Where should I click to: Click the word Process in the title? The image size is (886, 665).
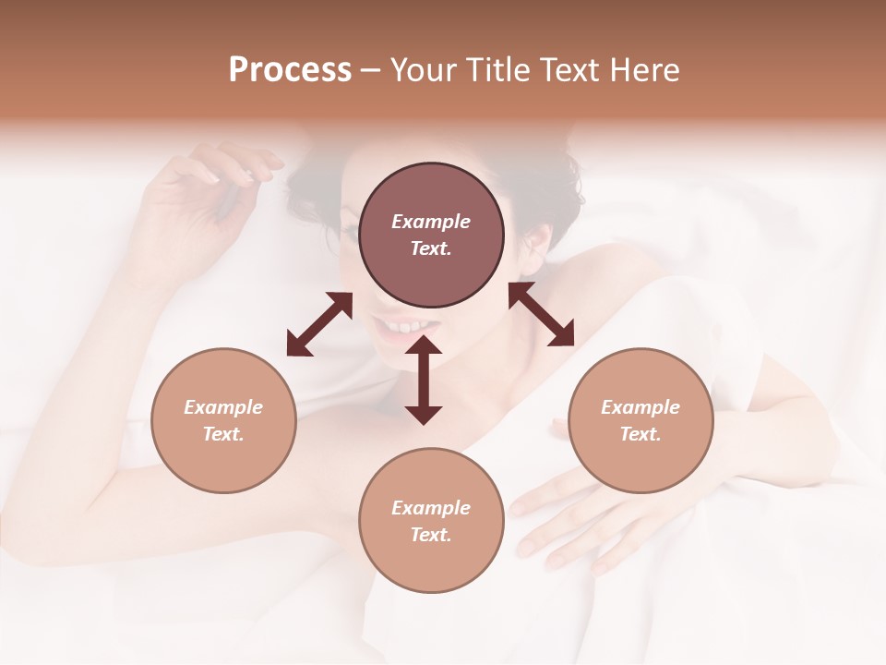(x=290, y=70)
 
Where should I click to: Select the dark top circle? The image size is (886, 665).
(x=431, y=236)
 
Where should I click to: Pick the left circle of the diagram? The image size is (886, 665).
(x=223, y=420)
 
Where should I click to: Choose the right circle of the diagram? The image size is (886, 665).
(x=641, y=420)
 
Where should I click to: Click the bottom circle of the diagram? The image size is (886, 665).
(x=431, y=520)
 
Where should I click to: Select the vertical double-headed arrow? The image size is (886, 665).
(x=424, y=380)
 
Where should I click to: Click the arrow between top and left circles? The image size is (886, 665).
(x=319, y=324)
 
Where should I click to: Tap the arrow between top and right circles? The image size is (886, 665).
(x=541, y=315)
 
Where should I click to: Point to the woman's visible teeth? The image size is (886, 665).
(x=403, y=327)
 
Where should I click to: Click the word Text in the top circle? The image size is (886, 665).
(x=431, y=248)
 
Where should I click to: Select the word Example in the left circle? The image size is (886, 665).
(x=223, y=407)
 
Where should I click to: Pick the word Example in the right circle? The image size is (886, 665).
(x=641, y=407)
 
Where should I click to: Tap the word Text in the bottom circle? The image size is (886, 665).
(x=431, y=535)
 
